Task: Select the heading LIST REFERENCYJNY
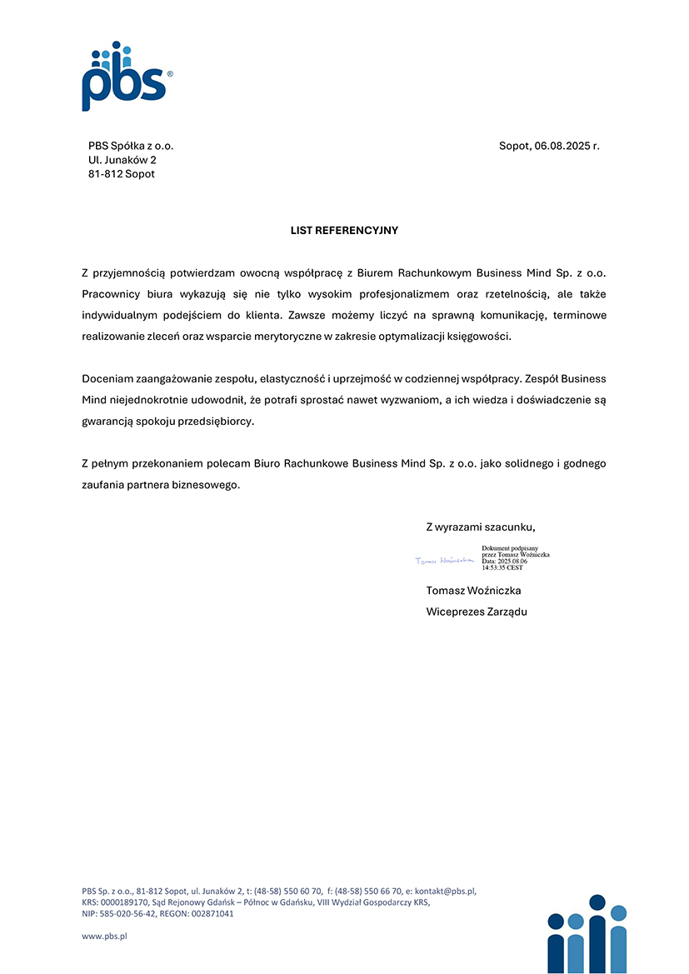coord(344,230)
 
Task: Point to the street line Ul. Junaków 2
coord(122,160)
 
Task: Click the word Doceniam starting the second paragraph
coord(108,379)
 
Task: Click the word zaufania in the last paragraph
coord(104,485)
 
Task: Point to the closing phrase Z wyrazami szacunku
coord(481,527)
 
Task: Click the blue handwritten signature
coord(444,561)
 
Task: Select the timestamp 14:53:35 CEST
coord(502,567)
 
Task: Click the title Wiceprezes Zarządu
coord(477,612)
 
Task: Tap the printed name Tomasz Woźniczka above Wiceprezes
coord(473,591)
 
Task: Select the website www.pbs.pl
coord(104,937)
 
